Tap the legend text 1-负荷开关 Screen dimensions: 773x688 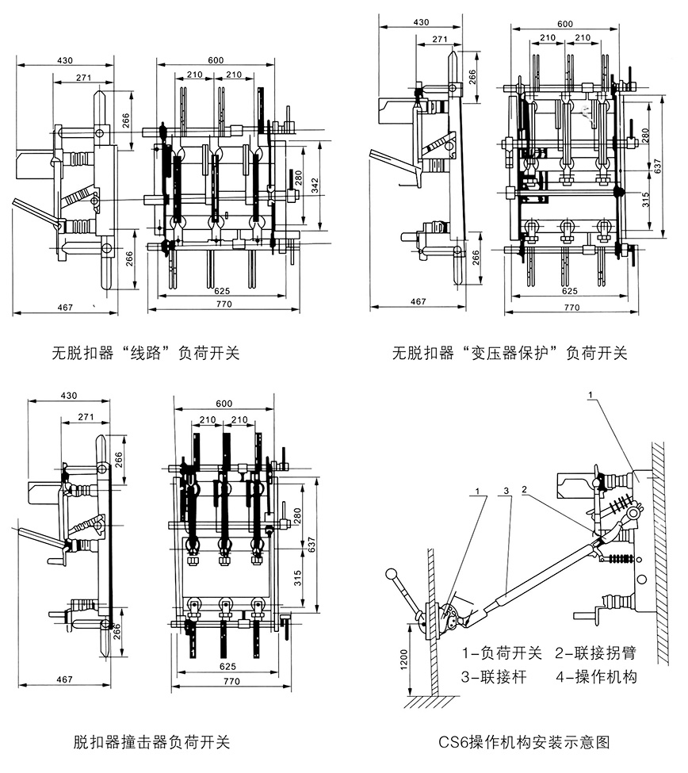click(x=503, y=654)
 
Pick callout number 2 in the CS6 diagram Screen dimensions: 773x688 click(x=524, y=492)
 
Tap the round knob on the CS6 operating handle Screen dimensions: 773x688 click(x=389, y=574)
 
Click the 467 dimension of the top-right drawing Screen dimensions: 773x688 click(x=418, y=301)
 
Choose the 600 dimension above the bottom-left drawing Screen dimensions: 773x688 click(x=224, y=404)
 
